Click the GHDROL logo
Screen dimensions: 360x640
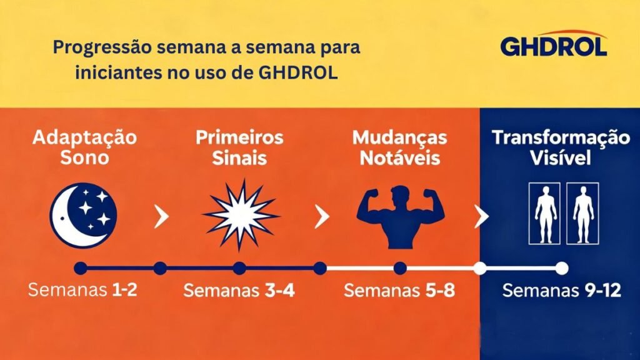[553, 44]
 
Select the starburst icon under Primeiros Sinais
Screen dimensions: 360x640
[241, 215]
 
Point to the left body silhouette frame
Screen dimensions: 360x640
[546, 213]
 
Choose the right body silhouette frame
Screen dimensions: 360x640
[582, 213]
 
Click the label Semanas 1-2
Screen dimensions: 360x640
[82, 291]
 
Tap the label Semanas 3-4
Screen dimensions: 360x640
[239, 291]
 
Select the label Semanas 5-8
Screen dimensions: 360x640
[399, 291]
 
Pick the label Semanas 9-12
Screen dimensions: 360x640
[561, 291]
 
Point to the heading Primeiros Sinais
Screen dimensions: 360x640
[239, 147]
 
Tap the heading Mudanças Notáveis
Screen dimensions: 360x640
[399, 147]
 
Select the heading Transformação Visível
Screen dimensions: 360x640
[560, 147]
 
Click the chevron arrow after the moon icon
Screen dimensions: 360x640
[161, 217]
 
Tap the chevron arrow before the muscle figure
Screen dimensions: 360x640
[322, 217]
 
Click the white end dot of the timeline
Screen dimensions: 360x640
[561, 268]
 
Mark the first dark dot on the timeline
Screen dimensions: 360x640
[80, 268]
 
